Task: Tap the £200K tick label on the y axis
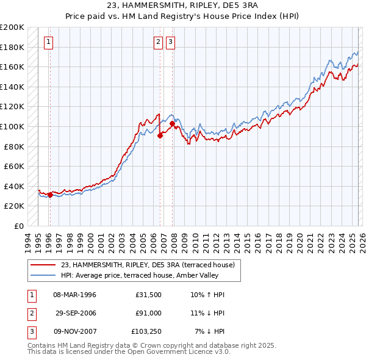tap(13, 27)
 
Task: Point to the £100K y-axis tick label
tap(13, 126)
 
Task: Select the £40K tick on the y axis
tap(15, 186)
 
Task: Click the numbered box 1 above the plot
tap(48, 42)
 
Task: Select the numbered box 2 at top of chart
tap(158, 42)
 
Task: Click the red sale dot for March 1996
tap(50, 195)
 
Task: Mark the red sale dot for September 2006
tap(160, 136)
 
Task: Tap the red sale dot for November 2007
tap(172, 124)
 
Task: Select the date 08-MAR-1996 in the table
tap(74, 295)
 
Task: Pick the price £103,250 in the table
tap(145, 331)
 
